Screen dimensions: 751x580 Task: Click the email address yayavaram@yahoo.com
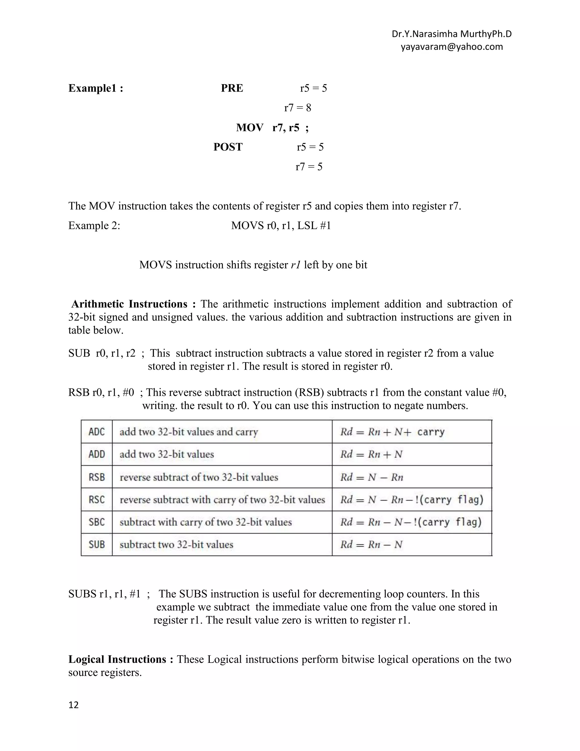coord(451,47)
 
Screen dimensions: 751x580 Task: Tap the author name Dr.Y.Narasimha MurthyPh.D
coord(451,34)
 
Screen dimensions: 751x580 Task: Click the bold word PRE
coord(232,88)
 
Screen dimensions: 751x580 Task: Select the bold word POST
coord(228,147)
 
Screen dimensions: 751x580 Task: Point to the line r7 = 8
coord(298,108)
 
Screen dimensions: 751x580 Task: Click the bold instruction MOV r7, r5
coord(272,128)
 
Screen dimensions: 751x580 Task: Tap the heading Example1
coord(95,88)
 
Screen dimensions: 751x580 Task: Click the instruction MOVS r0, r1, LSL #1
coord(281,226)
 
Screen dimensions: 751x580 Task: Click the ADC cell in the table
coord(97,432)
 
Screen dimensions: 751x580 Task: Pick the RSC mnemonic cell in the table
coord(97,499)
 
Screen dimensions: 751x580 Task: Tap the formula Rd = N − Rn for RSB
coord(372,477)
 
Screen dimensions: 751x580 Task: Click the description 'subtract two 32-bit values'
coord(176,544)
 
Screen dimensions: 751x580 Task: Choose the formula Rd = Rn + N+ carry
coord(392,432)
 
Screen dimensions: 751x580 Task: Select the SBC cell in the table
coord(97,522)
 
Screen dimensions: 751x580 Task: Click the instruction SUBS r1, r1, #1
coord(104,594)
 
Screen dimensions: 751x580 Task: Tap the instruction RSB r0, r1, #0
coord(101,392)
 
